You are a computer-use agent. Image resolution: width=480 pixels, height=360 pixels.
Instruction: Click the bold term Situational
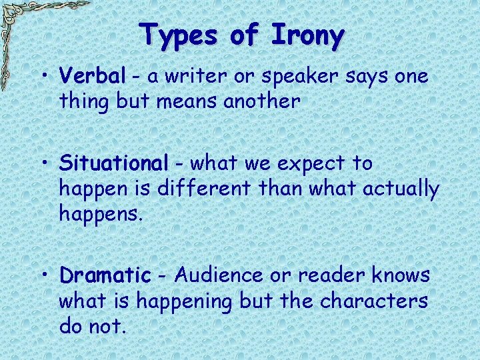(113, 163)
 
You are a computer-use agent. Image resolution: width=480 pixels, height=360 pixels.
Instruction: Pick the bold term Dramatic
(105, 275)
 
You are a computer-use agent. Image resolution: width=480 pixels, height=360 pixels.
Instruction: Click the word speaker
(303, 77)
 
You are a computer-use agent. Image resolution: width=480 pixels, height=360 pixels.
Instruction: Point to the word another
(262, 101)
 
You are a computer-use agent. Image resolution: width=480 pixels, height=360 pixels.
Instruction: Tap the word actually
(401, 189)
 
